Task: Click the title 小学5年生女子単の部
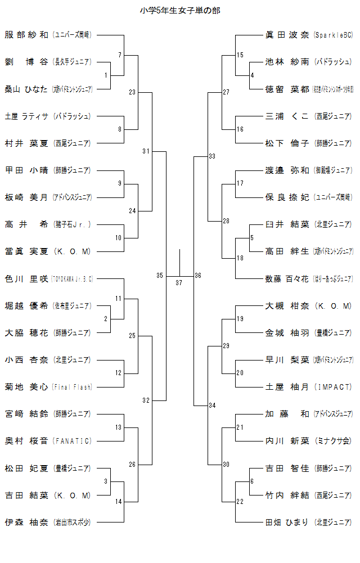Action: tap(180, 11)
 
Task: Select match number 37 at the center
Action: tap(179, 282)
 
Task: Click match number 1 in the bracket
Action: tap(106, 75)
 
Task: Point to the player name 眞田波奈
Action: tap(287, 35)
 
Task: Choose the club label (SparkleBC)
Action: tap(333, 35)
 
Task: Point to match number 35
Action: tap(160, 276)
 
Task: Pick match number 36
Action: tap(198, 276)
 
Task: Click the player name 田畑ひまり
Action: tap(287, 522)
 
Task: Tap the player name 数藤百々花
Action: tap(287, 278)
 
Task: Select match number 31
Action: tap(146, 151)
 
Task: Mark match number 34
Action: tap(212, 406)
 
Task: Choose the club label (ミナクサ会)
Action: tap(333, 441)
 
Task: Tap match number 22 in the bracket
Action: tap(240, 502)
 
